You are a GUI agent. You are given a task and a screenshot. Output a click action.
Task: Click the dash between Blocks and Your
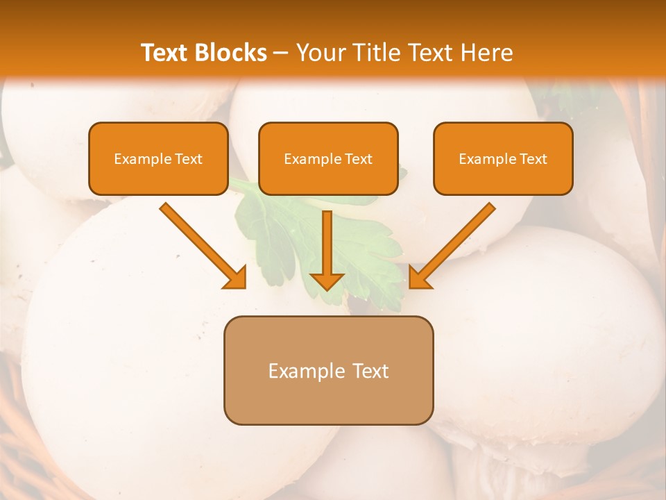[x=281, y=53]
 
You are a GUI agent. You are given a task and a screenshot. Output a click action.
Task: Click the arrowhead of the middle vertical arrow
[x=327, y=281]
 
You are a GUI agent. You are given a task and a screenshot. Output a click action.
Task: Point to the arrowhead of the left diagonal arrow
[x=236, y=278]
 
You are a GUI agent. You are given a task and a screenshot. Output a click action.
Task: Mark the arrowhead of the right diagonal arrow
[x=420, y=278]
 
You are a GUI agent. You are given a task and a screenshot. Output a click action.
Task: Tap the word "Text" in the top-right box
[x=533, y=159]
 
